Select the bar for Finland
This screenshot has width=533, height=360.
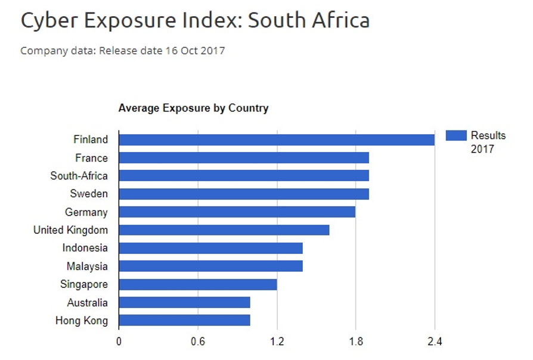point(276,139)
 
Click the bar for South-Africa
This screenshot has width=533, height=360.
point(243,176)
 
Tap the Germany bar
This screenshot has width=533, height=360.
point(237,212)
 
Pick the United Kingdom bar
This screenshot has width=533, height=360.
point(224,230)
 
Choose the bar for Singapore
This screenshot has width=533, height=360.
point(197,284)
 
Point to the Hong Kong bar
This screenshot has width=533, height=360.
point(184,321)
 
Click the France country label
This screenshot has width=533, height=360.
point(91,158)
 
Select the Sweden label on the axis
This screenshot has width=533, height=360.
point(89,194)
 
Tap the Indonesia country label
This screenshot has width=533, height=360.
point(85,248)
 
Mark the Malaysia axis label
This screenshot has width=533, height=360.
point(86,266)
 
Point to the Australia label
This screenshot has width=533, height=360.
point(87,303)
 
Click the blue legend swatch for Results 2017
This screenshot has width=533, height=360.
point(456,135)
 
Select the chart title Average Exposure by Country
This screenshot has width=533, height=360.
point(193,108)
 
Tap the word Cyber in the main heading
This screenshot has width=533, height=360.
point(49,20)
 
